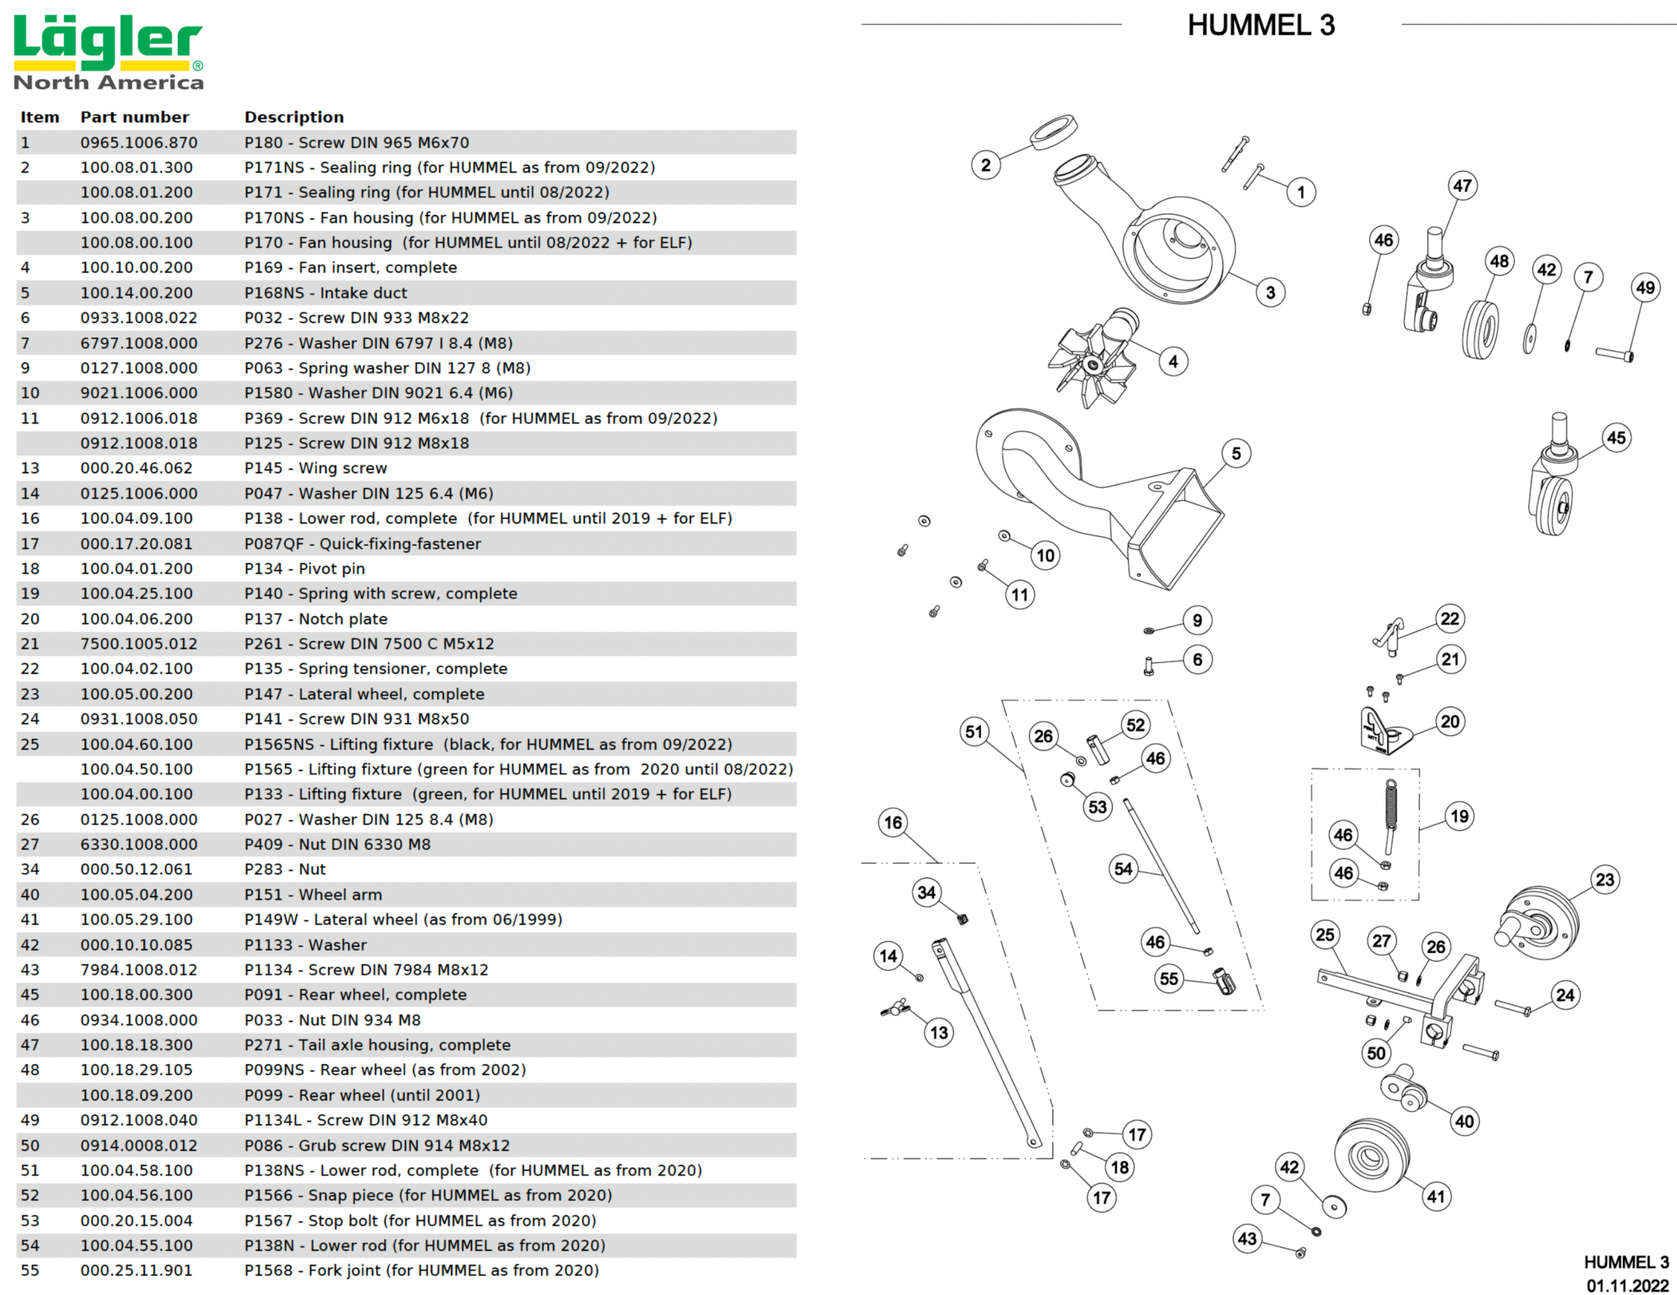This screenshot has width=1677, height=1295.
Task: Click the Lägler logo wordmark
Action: [107, 43]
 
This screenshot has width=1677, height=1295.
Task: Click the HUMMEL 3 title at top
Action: [1260, 26]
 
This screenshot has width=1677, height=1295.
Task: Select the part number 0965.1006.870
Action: [138, 142]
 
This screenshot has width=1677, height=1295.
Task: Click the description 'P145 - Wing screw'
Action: [315, 468]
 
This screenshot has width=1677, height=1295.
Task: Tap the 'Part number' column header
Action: [134, 117]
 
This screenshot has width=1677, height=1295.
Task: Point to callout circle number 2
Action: [985, 165]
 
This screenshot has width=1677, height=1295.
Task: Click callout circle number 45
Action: [1616, 438]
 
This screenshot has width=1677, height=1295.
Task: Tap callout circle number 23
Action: [1604, 880]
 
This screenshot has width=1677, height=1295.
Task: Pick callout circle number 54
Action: [1123, 869]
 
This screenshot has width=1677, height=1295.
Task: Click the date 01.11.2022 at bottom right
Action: [1627, 1285]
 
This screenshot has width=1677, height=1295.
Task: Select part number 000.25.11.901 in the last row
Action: [136, 1270]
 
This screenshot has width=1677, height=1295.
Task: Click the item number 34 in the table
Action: [29, 869]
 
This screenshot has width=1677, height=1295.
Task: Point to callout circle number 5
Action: [1236, 453]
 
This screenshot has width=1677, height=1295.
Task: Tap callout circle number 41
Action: [1435, 1197]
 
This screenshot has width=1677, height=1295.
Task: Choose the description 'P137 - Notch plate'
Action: [315, 619]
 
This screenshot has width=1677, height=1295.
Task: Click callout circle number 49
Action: [1645, 288]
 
